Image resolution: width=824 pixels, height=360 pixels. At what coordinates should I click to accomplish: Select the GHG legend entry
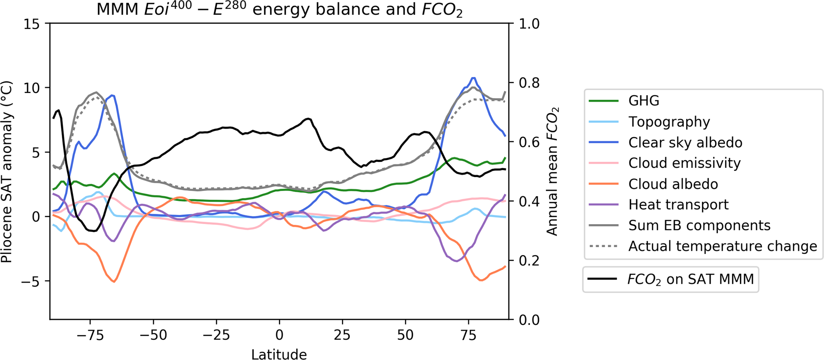click(644, 101)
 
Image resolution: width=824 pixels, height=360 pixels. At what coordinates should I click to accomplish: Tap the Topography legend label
click(669, 122)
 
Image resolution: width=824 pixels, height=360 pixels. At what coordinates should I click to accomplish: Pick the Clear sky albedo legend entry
click(685, 142)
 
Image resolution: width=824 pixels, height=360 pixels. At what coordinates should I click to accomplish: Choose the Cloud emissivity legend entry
click(684, 163)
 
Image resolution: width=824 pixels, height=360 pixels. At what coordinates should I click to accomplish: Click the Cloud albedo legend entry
click(673, 184)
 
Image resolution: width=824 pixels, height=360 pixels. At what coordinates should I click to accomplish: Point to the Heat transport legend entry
click(678, 205)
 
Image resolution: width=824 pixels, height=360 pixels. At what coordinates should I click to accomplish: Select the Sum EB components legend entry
click(699, 225)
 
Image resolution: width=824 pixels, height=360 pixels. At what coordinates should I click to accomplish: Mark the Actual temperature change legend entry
click(722, 246)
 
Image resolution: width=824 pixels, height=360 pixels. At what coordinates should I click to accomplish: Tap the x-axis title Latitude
click(279, 353)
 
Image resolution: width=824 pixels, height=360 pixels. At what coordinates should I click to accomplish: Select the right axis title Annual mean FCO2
click(553, 171)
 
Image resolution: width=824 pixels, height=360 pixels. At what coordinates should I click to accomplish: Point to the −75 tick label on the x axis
click(90, 335)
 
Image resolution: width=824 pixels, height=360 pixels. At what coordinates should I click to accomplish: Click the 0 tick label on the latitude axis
click(279, 335)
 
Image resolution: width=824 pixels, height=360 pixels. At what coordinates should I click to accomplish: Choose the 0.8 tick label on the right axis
click(529, 83)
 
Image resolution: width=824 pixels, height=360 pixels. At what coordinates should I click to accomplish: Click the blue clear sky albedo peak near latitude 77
click(473, 78)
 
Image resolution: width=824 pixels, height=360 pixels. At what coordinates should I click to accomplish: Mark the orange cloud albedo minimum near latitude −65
click(114, 282)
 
